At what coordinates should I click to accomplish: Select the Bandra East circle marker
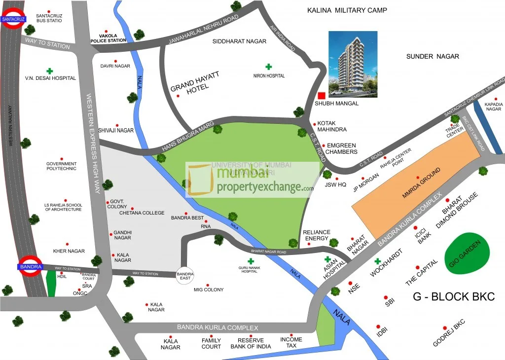coord(185,276)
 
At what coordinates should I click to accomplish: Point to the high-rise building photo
coord(353,63)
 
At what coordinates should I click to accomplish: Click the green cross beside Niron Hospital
coord(269,67)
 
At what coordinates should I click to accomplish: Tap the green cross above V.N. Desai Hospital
coord(49,71)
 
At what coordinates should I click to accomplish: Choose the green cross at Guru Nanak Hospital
coord(251,261)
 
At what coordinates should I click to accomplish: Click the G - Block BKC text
coord(452,297)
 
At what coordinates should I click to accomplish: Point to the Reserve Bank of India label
coord(251,343)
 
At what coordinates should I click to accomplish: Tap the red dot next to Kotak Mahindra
coord(315,124)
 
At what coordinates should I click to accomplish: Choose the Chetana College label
coord(142,213)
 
